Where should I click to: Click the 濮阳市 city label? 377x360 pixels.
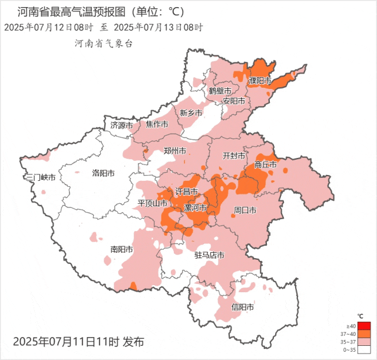(260, 80)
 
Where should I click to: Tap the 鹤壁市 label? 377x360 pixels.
(220, 91)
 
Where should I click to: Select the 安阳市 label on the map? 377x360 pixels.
(233, 101)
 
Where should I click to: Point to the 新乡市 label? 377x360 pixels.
(191, 113)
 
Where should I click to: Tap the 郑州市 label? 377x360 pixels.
(175, 151)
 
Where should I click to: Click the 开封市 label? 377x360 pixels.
(233, 156)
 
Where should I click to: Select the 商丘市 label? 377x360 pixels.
(265, 165)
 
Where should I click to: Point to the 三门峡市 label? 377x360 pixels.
(40, 177)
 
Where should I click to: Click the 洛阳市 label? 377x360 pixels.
(103, 173)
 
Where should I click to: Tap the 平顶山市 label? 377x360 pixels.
(153, 203)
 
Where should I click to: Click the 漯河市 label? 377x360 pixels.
(195, 208)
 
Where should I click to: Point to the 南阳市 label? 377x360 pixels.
(121, 249)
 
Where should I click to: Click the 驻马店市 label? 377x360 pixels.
(210, 255)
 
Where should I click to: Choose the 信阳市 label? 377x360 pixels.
(243, 307)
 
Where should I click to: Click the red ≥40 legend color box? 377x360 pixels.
(364, 326)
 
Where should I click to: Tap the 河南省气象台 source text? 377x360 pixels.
(104, 43)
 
